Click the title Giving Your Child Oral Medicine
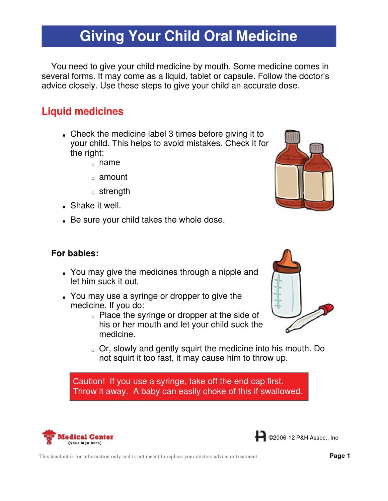click(188, 36)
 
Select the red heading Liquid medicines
click(82, 111)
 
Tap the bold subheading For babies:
click(75, 253)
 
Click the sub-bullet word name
click(109, 162)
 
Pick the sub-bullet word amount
click(113, 177)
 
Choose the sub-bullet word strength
click(114, 191)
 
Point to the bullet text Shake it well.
click(95, 206)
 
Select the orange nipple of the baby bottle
click(287, 261)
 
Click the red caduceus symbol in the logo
click(49, 437)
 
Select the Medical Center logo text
click(85, 437)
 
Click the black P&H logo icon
click(260, 436)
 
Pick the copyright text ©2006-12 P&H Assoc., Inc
click(303, 438)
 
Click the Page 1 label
click(340, 456)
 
